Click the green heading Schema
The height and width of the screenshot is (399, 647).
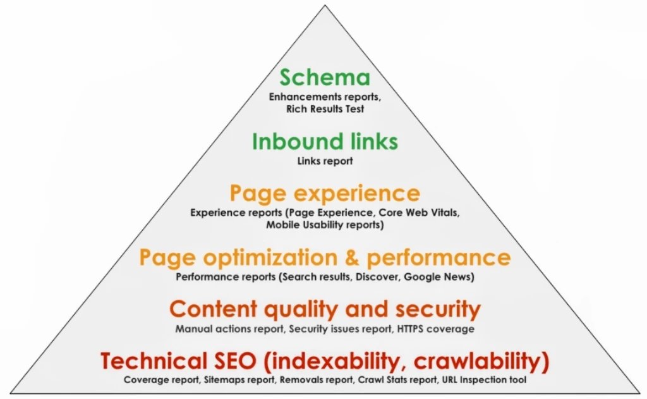click(325, 78)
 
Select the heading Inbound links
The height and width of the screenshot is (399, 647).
click(325, 141)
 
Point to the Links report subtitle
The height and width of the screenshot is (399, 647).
click(325, 161)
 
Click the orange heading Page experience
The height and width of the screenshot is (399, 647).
click(325, 193)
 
